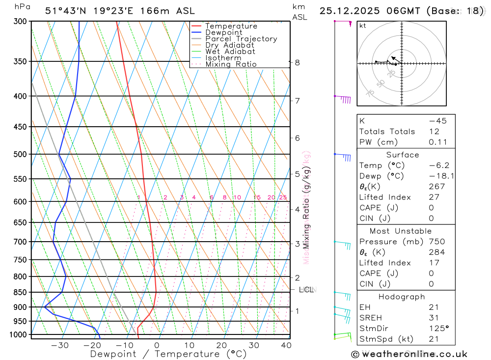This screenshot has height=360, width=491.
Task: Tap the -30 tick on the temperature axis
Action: point(60,345)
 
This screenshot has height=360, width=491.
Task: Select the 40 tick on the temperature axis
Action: point(285,345)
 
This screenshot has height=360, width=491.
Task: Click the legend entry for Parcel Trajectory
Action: point(241,39)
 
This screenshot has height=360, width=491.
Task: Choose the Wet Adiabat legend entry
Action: point(230,52)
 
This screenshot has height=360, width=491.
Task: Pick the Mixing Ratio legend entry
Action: point(231,64)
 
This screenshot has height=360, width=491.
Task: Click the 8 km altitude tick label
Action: point(297,62)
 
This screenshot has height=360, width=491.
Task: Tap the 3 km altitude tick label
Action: point(297,244)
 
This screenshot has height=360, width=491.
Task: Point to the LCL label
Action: point(306,290)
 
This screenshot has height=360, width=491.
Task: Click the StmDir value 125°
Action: point(438,329)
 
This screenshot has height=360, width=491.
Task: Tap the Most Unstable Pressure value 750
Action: point(436,242)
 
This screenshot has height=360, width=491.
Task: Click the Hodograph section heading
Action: point(402,297)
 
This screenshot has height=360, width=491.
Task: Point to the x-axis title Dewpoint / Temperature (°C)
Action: point(168,354)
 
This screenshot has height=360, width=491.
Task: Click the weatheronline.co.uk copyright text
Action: point(409,354)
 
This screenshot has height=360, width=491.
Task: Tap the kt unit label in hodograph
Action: point(362,26)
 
